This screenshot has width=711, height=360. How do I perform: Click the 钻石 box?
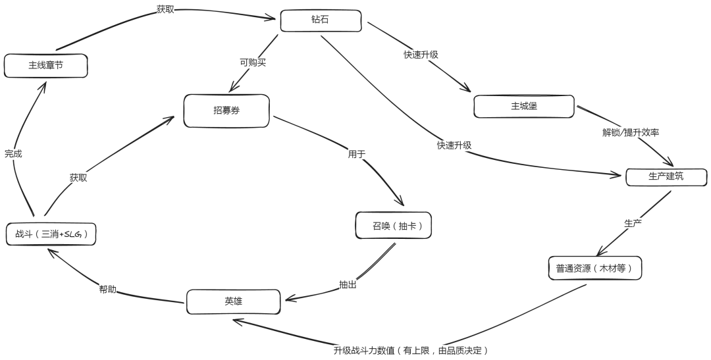click(x=321, y=20)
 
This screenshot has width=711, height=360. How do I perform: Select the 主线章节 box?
click(x=45, y=66)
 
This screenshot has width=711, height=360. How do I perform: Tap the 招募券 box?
click(x=226, y=111)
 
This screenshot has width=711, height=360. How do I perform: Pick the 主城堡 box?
click(x=524, y=105)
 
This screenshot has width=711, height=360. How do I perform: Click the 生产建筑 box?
click(x=666, y=177)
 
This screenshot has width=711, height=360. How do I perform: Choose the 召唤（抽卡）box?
click(x=393, y=225)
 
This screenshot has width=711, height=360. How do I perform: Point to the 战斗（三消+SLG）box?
click(x=51, y=234)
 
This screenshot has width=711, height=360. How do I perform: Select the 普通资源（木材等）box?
click(x=594, y=268)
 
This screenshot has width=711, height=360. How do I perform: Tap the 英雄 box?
click(x=233, y=301)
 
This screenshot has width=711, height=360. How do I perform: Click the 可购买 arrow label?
click(x=253, y=63)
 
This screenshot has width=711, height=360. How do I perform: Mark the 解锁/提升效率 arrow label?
click(x=631, y=132)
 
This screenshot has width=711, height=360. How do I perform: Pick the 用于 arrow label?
click(x=356, y=155)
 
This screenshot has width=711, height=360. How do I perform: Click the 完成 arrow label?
click(x=13, y=153)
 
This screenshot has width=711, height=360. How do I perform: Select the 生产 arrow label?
click(x=633, y=223)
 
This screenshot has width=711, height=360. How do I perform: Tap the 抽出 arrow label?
click(x=348, y=285)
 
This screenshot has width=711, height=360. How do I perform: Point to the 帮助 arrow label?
click(x=108, y=289)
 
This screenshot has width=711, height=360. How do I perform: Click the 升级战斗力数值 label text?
click(x=410, y=350)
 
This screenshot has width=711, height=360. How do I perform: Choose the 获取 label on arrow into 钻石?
click(x=166, y=9)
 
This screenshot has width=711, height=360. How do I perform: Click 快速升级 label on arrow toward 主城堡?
click(x=421, y=55)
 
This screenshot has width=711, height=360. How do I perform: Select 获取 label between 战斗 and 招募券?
click(x=78, y=178)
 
